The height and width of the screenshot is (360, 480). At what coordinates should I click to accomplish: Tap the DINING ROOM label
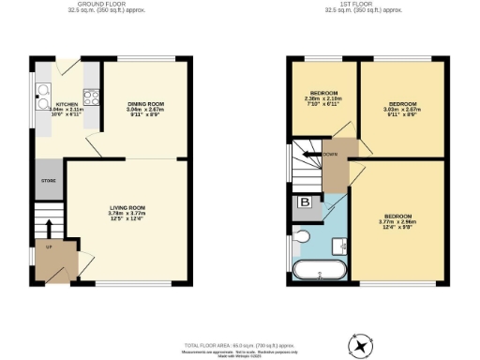[145, 104]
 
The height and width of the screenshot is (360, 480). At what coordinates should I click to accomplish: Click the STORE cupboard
[48, 181]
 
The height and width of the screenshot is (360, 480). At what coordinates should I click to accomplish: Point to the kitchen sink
[43, 91]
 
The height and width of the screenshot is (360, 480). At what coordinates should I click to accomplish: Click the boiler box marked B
[305, 202]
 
